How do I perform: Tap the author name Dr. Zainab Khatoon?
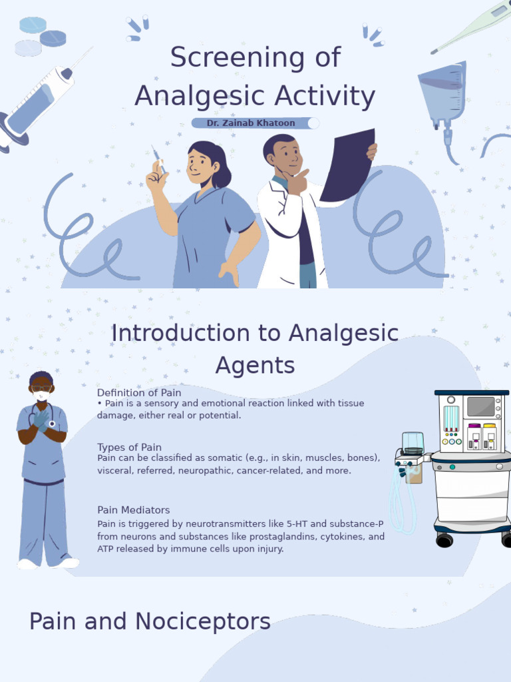coord(251,123)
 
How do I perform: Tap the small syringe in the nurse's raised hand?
coord(158,159)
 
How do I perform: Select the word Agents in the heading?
coord(255,365)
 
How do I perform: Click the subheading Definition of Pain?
coord(139,393)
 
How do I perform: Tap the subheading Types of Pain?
coord(129,447)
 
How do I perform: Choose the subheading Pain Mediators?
coord(133,510)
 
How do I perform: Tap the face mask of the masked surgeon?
coord(41,396)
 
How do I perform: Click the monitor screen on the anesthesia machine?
coord(480,406)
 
